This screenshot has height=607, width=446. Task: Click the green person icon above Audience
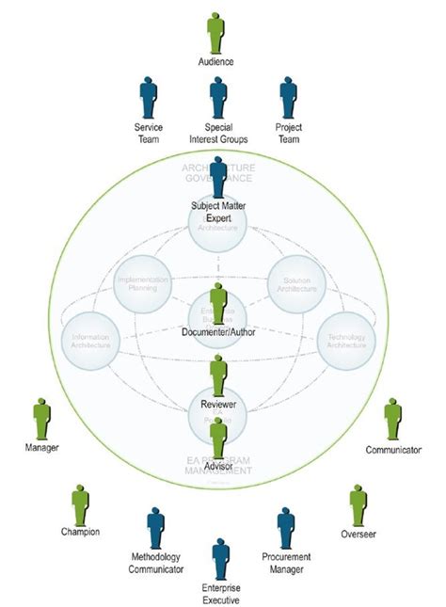(x=215, y=31)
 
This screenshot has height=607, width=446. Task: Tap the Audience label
(x=215, y=62)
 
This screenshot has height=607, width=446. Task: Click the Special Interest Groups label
(x=217, y=134)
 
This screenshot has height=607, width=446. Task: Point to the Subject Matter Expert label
(x=217, y=211)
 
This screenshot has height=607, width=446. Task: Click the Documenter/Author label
(x=218, y=331)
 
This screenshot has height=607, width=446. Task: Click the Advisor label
(x=218, y=464)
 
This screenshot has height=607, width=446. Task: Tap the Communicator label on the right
(x=393, y=451)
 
